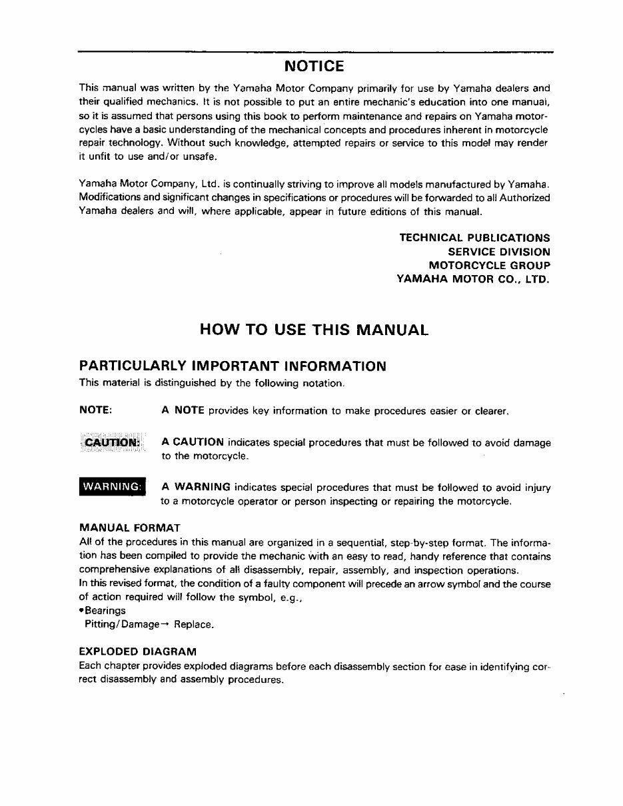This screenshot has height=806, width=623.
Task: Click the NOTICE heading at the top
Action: pos(314,67)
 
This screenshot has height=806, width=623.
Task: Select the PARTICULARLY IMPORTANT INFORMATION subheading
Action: pos(233,366)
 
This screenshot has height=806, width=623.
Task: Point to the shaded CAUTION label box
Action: pos(112,442)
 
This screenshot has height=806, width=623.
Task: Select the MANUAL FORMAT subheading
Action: pos(129,528)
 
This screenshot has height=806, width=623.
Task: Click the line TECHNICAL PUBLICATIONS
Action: pos(474,238)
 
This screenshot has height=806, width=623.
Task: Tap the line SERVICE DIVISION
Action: pos(499,252)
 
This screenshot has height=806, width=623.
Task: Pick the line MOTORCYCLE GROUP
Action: pos(489,266)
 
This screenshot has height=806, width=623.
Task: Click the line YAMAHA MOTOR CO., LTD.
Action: pos(474,280)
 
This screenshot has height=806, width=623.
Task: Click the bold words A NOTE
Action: pos(183,410)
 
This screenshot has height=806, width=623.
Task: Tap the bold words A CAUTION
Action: pos(193,442)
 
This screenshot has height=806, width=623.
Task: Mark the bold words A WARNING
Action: pos(196,487)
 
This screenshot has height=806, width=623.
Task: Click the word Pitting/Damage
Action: pos(122,625)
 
